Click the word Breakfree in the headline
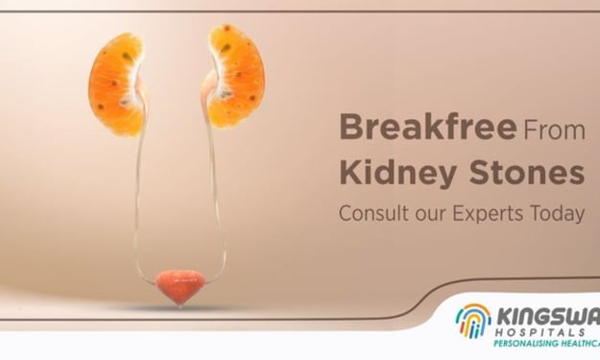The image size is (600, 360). (x=428, y=127)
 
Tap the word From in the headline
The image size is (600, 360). (x=554, y=130)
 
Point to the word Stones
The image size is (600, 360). (x=527, y=172)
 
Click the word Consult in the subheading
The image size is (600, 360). (x=373, y=213)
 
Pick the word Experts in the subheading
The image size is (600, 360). (x=488, y=214)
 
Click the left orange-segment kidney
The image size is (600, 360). (x=116, y=84)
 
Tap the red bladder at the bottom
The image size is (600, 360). (x=180, y=286)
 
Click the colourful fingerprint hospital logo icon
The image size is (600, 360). (x=473, y=321)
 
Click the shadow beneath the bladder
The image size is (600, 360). (x=180, y=308)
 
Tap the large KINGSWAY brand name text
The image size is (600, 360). (x=548, y=317)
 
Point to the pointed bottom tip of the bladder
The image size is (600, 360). (x=179, y=305)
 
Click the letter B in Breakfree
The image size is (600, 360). (x=350, y=128)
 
